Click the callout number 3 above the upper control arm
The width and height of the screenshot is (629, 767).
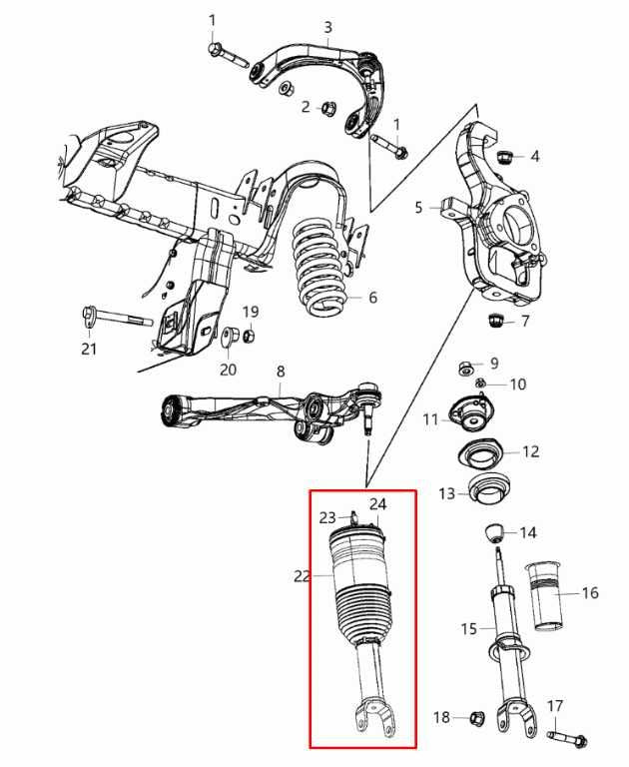coord(327,27)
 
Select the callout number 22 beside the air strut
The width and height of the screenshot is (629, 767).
coord(303,575)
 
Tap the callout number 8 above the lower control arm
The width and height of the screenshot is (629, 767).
coord(281,372)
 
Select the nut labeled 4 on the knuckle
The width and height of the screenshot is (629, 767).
coord(505,156)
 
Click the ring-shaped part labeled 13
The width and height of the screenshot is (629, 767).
coord(487,492)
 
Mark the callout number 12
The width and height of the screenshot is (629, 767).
coord(530,451)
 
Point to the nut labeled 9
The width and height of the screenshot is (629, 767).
coord(464,368)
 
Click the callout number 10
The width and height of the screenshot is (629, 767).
coord(517,384)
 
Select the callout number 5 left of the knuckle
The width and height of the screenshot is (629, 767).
coord(419,208)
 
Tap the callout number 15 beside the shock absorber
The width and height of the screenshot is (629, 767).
coord(469,628)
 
